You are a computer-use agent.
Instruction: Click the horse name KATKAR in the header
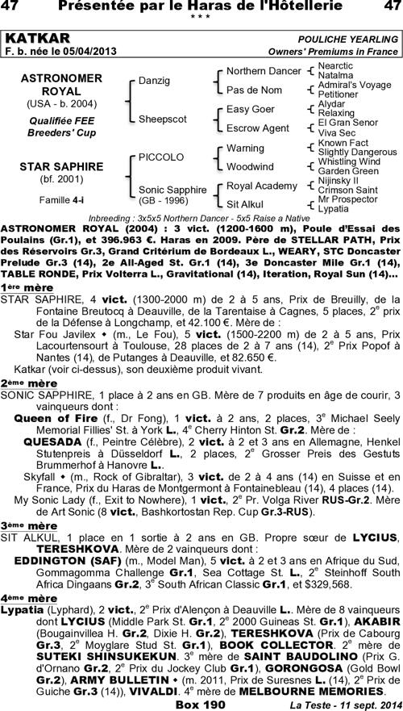click(37, 38)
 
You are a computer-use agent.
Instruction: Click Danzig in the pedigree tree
click(154, 82)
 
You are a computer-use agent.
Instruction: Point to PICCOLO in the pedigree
click(161, 157)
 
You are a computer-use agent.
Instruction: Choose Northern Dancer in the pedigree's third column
click(263, 71)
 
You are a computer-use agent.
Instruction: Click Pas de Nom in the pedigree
click(253, 90)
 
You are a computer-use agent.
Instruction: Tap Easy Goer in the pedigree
click(250, 108)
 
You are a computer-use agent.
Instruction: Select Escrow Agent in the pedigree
click(257, 128)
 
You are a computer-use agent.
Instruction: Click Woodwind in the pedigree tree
click(249, 166)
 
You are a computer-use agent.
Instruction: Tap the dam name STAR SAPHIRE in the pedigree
click(50, 166)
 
